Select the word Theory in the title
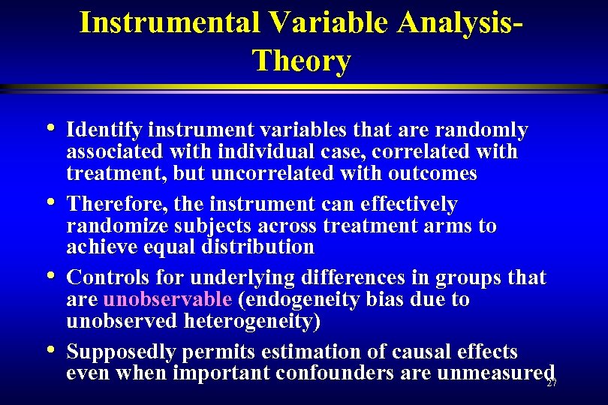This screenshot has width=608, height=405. [x=302, y=60]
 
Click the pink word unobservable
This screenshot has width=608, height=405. [x=167, y=299]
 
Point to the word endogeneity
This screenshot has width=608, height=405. [x=299, y=299]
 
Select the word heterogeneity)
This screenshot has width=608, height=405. [x=260, y=321]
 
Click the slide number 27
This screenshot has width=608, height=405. [x=552, y=383]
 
